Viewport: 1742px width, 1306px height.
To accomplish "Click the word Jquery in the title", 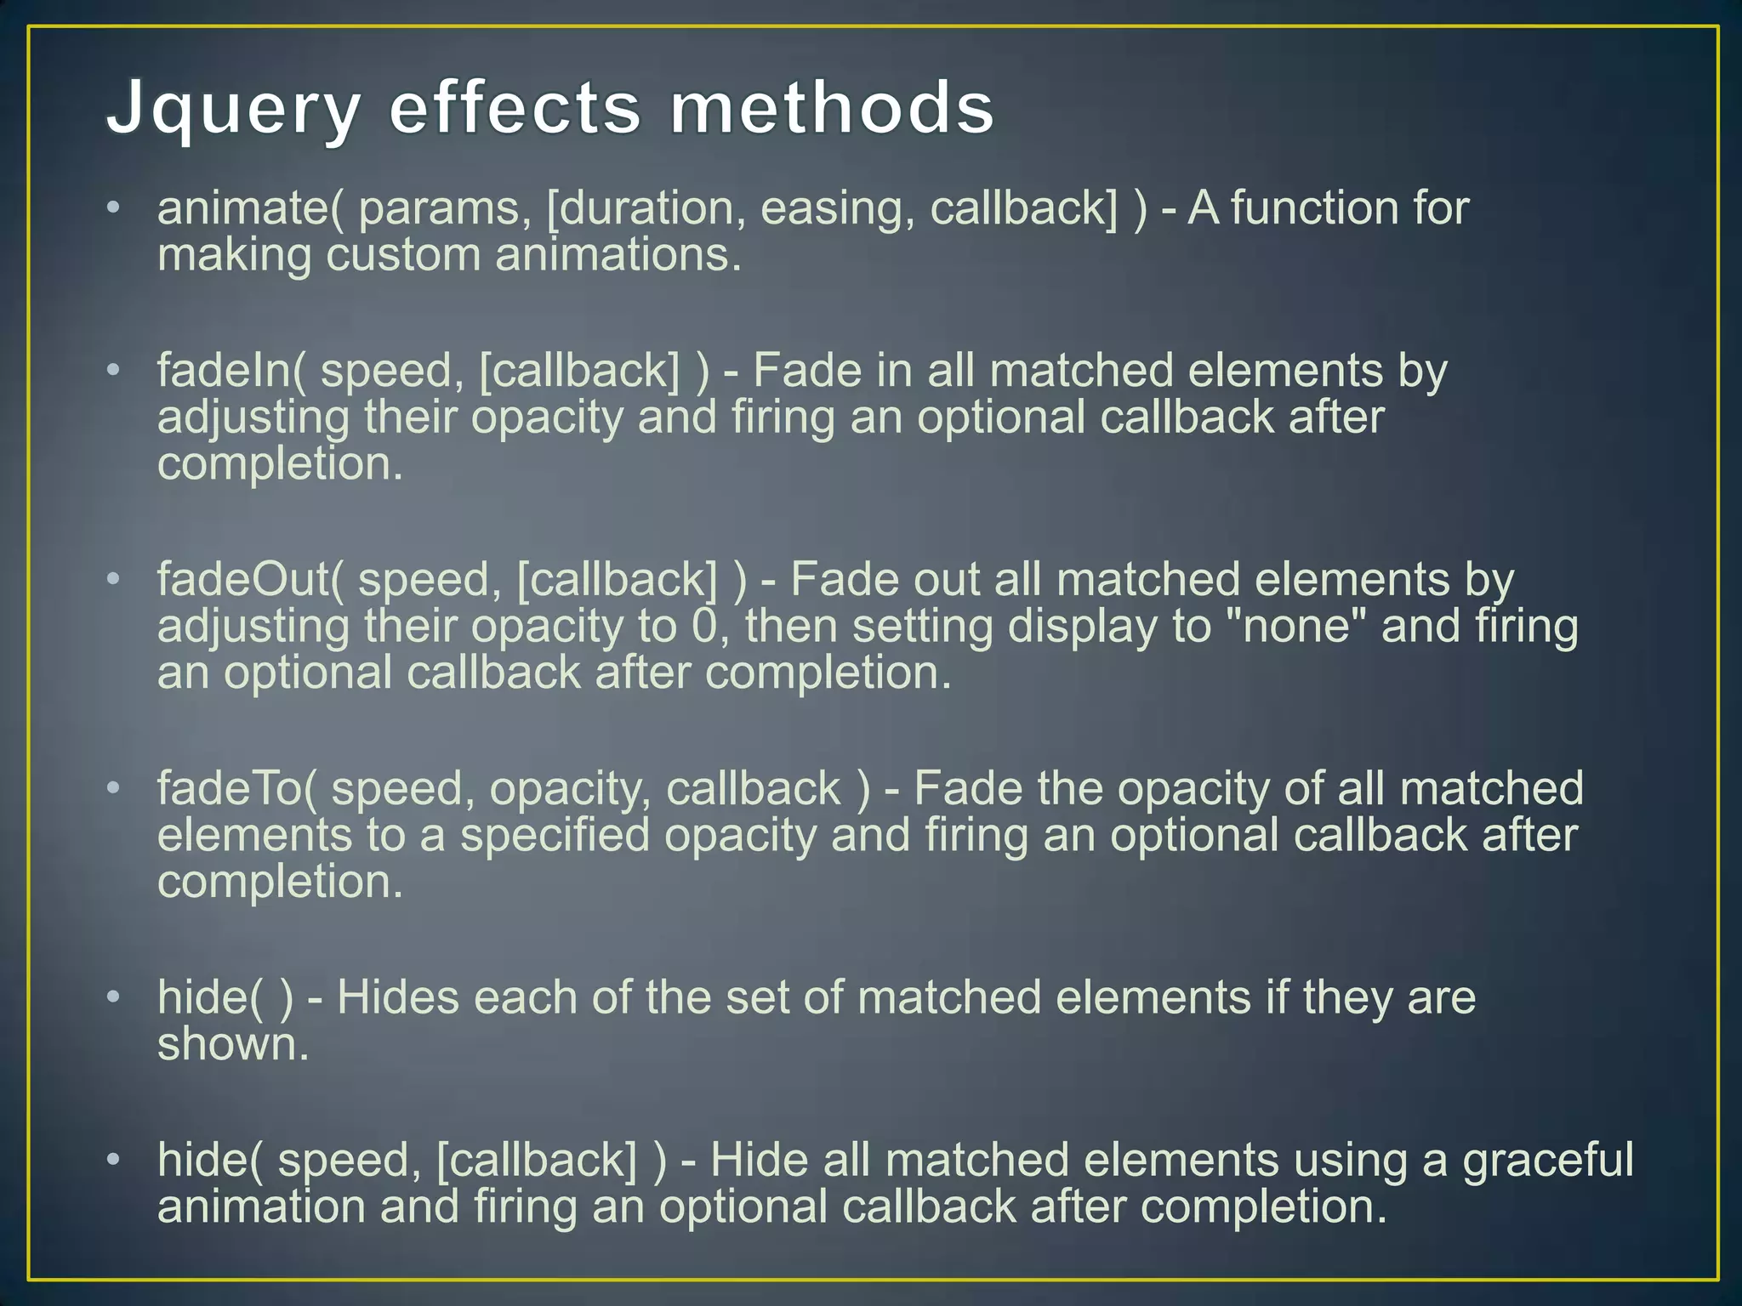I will [x=233, y=111].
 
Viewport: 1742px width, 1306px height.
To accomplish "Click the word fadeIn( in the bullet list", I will [x=231, y=372].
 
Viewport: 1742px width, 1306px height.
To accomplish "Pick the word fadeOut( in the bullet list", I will [x=250, y=580].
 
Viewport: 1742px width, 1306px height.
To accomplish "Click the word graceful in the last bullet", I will [x=1548, y=1161].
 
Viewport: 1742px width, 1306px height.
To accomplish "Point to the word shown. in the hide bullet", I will [x=233, y=1045].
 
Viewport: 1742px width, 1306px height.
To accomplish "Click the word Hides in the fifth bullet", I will [x=398, y=998].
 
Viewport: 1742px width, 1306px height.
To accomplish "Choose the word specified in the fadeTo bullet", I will [x=555, y=836].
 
